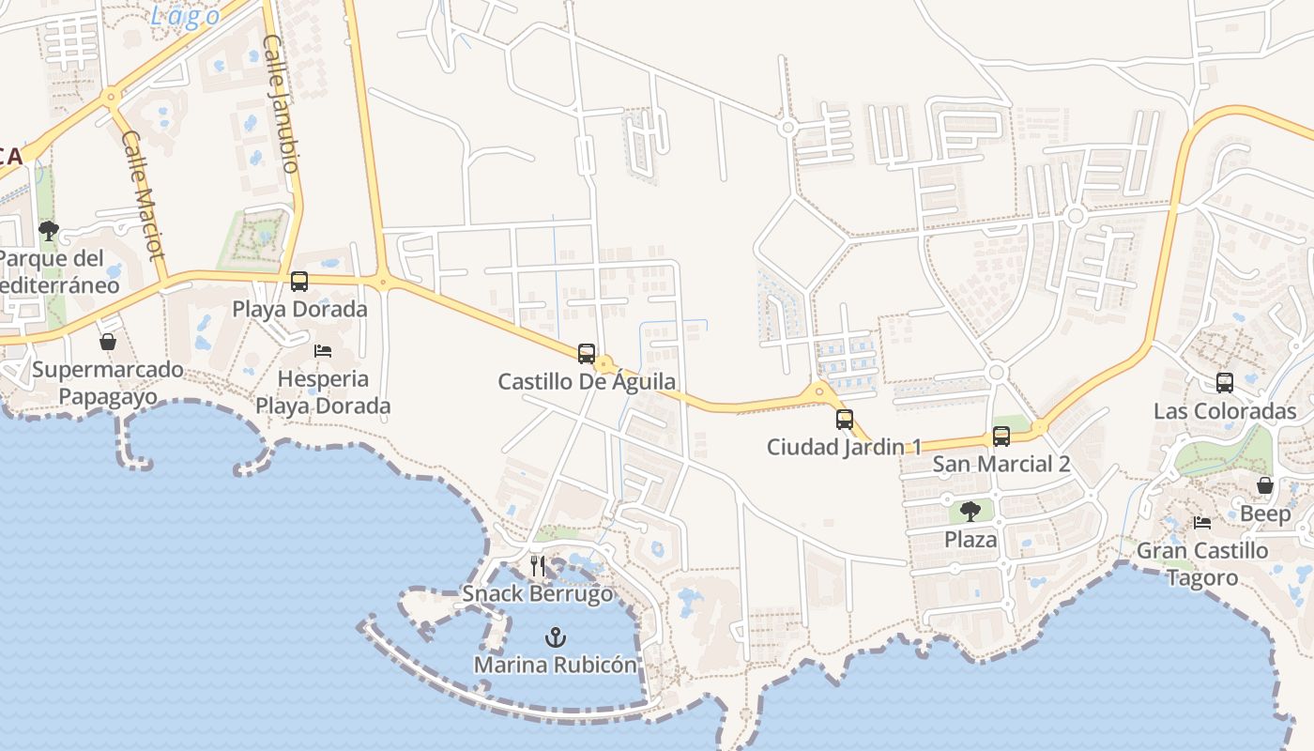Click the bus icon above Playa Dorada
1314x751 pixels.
(x=299, y=281)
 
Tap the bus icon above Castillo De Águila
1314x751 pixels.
(x=587, y=353)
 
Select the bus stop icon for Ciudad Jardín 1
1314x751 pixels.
(x=845, y=419)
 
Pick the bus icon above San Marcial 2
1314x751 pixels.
(x=1001, y=436)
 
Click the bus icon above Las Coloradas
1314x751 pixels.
(x=1225, y=382)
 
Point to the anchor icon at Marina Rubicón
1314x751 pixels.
(x=556, y=637)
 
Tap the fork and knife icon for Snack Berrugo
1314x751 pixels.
(x=538, y=565)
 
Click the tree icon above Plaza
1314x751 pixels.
(x=970, y=512)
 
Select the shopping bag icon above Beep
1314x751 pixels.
(x=1265, y=485)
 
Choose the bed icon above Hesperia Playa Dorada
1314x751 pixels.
(x=323, y=351)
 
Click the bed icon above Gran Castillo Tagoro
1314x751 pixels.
(x=1202, y=523)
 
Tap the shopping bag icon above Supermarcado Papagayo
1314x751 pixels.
(x=108, y=341)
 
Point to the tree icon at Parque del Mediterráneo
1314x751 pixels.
(x=49, y=230)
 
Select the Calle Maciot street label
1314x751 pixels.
(x=143, y=194)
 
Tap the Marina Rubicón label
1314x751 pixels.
(x=555, y=665)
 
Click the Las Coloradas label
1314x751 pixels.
(x=1225, y=411)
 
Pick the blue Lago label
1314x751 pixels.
(x=186, y=15)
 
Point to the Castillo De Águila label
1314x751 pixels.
(x=587, y=381)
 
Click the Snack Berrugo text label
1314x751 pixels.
(x=538, y=593)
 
